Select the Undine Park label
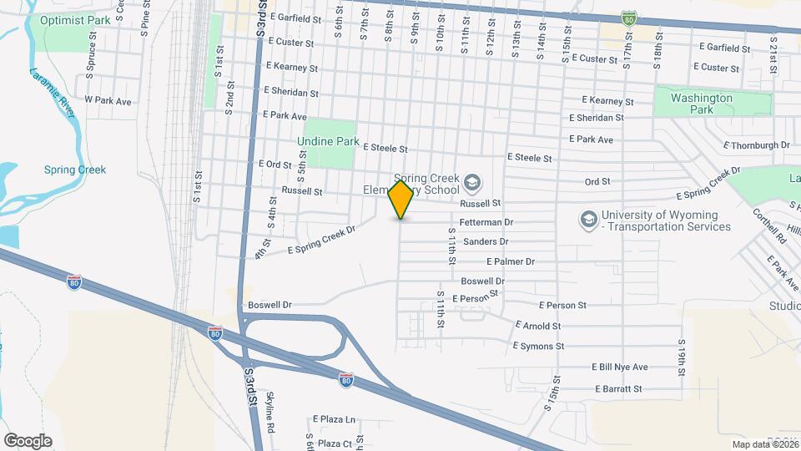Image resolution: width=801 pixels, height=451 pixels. (328, 141)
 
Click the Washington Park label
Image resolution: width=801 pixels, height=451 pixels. (702, 104)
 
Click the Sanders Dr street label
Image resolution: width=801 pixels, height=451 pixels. (485, 241)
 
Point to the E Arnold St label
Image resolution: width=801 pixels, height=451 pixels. (537, 326)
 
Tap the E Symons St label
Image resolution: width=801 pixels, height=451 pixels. (538, 346)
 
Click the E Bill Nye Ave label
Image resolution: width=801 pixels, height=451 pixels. (619, 367)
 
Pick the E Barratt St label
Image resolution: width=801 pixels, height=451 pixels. (617, 388)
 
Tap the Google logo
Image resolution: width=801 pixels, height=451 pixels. (27, 440)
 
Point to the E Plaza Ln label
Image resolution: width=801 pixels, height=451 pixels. (334, 419)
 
